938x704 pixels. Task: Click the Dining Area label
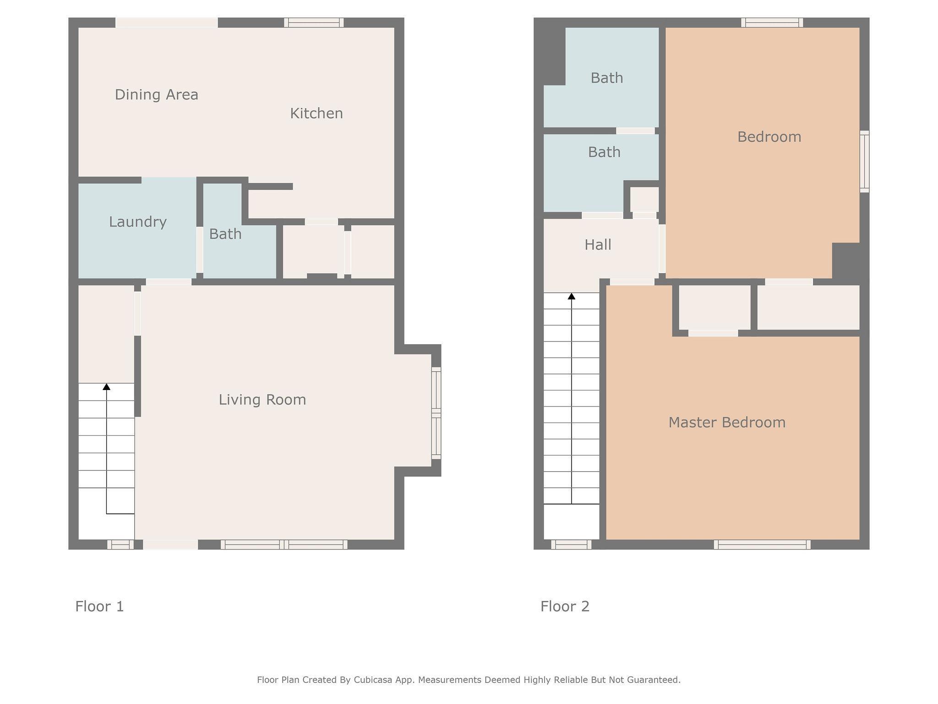[x=156, y=94]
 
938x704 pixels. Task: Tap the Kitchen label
[x=316, y=113]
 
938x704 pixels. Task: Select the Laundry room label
[x=137, y=222]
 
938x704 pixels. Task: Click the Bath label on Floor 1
[x=225, y=234]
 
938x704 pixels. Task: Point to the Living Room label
[x=262, y=400]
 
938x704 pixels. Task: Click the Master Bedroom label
[x=727, y=422]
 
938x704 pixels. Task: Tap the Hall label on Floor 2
[x=598, y=245]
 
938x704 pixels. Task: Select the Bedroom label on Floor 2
[x=769, y=137]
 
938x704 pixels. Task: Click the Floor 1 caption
[x=99, y=606]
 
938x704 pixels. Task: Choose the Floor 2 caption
[x=565, y=606]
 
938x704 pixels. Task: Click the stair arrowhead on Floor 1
[x=106, y=387]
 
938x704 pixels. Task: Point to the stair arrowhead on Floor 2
[x=571, y=297]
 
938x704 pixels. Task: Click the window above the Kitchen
[x=314, y=22]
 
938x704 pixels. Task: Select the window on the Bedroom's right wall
[x=864, y=161]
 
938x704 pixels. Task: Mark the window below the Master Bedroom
[x=762, y=544]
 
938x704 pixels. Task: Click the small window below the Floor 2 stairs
[x=571, y=544]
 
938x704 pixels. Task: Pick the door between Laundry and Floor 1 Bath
[x=200, y=250]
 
